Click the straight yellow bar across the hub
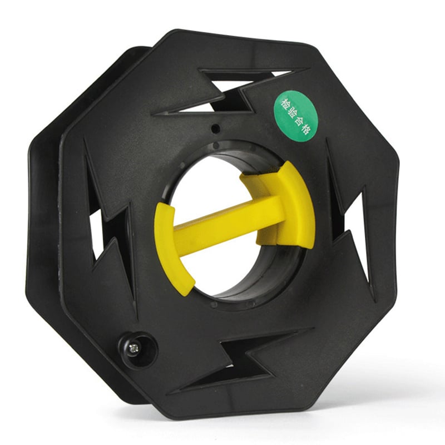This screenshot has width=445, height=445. coord(227,221)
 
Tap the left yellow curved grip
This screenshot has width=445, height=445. coord(170,247)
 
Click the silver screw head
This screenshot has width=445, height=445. coord(133,348)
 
